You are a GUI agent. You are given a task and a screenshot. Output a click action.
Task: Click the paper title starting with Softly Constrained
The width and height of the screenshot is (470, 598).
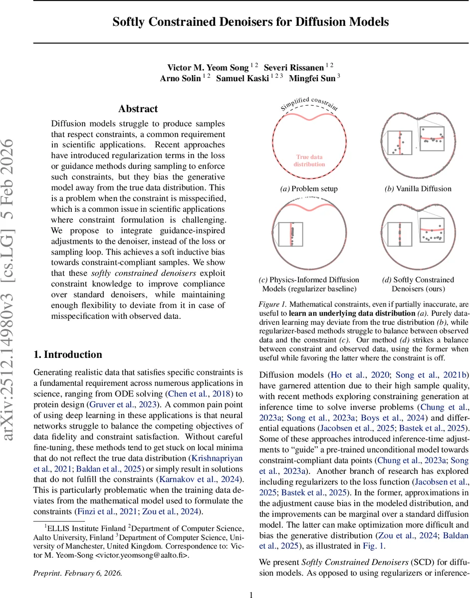(250, 22)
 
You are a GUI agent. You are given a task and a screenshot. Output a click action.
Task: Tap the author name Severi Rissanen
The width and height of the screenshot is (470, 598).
(294, 67)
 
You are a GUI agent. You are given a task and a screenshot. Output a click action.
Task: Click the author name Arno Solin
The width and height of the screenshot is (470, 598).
(181, 79)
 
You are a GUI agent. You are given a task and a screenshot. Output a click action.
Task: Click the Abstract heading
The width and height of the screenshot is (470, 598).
(138, 109)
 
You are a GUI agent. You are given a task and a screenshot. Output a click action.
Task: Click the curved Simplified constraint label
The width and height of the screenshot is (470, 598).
(309, 103)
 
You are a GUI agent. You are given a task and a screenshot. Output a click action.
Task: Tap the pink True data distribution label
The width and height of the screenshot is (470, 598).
(309, 160)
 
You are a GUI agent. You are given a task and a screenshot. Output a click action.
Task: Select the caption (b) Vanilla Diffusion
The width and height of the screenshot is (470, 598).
(418, 189)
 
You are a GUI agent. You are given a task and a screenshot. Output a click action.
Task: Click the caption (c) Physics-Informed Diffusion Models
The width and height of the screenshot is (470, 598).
(309, 284)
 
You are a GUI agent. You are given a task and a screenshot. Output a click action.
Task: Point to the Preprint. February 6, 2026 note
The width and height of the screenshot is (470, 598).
(77, 573)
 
